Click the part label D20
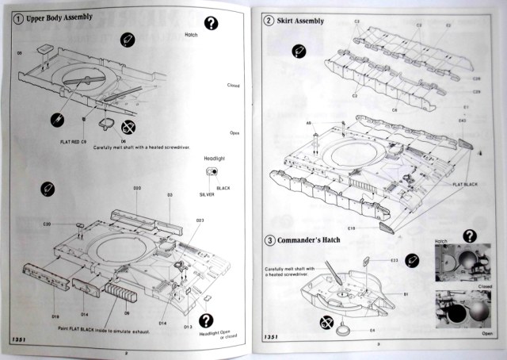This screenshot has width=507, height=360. pos(137,188)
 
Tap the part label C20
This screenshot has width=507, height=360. pos(47,224)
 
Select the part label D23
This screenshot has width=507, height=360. pos(200,220)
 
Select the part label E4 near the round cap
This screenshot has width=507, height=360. pos(372,331)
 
